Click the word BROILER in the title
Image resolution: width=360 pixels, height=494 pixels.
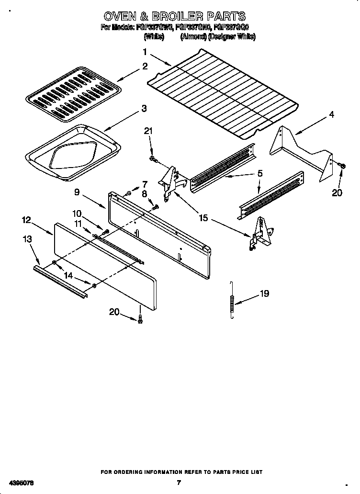coord(172,17)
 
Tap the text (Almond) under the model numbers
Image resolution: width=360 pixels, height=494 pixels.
coord(193,37)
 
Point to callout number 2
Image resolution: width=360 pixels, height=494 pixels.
coord(145,67)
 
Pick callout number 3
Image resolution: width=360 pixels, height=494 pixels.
coord(144,109)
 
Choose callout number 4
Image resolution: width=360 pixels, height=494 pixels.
coord(331,115)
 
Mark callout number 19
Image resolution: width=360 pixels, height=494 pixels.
coord(265,294)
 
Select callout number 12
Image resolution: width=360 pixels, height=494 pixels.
coord(26,220)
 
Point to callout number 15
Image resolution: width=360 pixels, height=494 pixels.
coord(203,218)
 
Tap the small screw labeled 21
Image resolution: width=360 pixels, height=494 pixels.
coord(152,158)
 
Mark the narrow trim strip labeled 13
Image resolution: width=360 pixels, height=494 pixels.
coord(60,282)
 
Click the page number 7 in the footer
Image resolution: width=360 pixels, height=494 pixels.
coord(178,483)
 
